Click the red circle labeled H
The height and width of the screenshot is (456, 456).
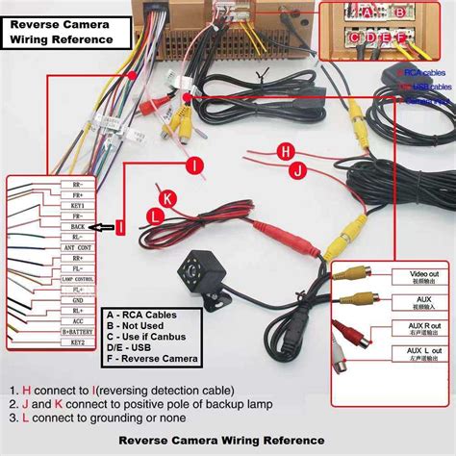click(x=284, y=151)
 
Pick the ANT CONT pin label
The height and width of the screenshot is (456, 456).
click(x=77, y=248)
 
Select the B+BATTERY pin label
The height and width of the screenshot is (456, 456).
click(x=77, y=332)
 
